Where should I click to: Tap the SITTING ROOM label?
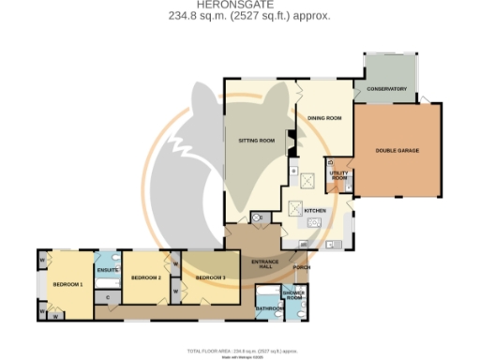click(256, 141)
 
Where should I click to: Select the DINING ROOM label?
click(324, 118)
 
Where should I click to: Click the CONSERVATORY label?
click(387, 89)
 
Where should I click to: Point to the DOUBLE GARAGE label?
click(397, 150)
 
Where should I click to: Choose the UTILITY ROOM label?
click(338, 175)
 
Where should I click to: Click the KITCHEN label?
click(315, 211)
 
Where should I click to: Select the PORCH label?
click(302, 266)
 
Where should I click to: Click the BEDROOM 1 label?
click(67, 284)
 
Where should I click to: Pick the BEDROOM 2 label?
click(146, 278)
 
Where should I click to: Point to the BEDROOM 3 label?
click(210, 278)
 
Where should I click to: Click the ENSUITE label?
click(107, 271)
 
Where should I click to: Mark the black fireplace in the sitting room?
click(291, 143)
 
